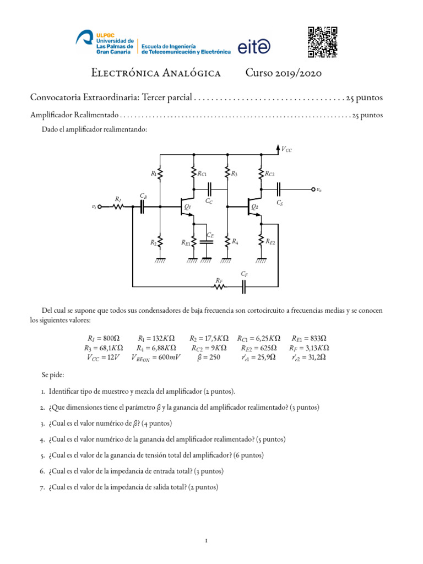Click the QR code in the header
coord(322,42)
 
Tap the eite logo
coord(254,48)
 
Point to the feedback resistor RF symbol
coord(219,286)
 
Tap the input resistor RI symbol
coord(118,207)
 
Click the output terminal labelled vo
coord(313,189)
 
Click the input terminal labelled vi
coord(100,207)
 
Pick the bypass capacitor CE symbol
coord(207,242)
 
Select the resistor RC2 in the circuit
coord(261,174)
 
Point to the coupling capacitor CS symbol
coord(279,189)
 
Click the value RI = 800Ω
coord(104,338)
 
